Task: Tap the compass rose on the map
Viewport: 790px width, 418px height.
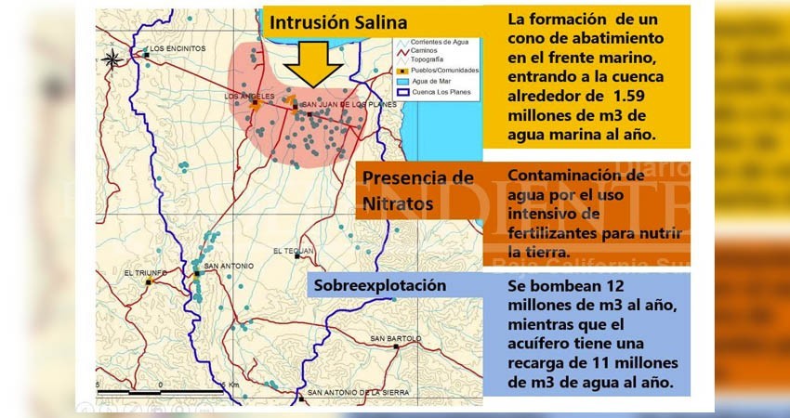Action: point(112,59)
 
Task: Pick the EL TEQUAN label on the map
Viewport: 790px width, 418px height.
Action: point(294,251)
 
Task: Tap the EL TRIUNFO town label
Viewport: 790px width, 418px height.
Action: point(144,273)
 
